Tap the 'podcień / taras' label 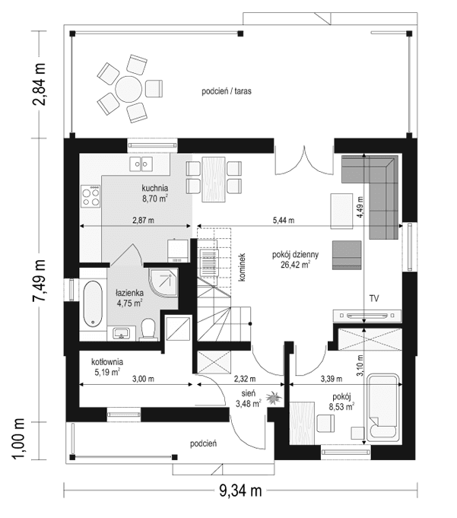227,91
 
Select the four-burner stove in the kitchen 91,196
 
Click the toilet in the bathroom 149,329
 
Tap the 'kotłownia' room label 107,362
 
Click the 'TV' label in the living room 374,299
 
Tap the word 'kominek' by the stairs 240,267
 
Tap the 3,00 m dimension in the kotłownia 142,379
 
